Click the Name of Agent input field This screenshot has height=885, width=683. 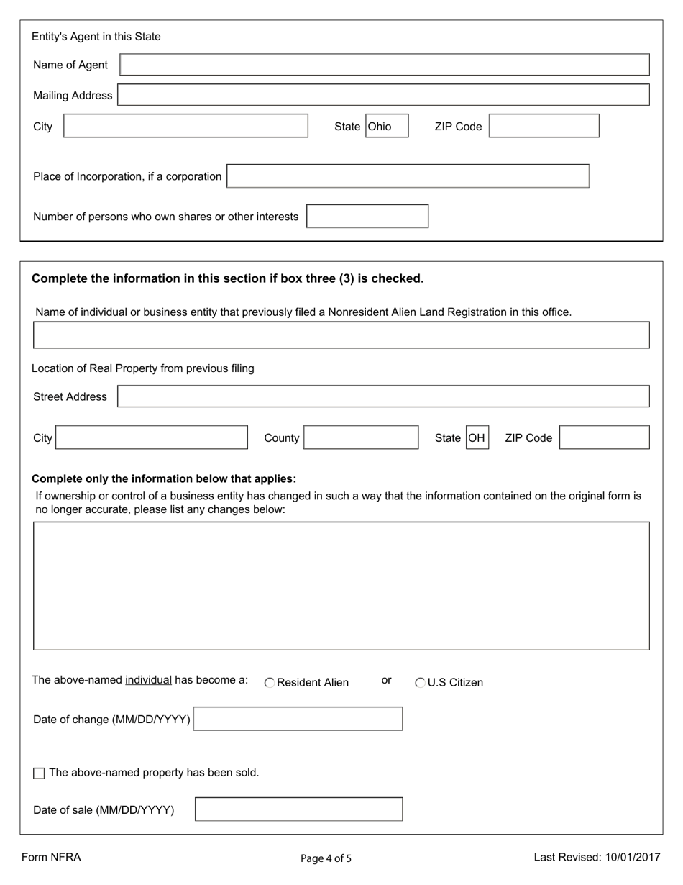coord(385,65)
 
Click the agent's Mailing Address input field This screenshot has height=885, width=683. coord(383,95)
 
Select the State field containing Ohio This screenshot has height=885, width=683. coord(387,127)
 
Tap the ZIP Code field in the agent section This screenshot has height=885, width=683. coord(544,127)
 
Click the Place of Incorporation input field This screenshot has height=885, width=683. coord(408,176)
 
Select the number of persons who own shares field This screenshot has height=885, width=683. coord(367,217)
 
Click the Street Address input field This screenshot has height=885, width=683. coord(383,396)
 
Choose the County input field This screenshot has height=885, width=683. coord(361,437)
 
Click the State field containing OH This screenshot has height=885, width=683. coord(477,437)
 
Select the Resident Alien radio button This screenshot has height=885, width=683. coord(270,683)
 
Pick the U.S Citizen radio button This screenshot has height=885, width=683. coord(421,683)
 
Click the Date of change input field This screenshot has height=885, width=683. coord(298,719)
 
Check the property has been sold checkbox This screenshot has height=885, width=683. coord(39,773)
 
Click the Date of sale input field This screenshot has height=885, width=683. coord(298,809)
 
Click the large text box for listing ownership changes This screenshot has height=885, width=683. coord(341,586)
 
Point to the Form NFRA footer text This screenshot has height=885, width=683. coord(51,857)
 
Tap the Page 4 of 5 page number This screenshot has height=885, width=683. coord(326,858)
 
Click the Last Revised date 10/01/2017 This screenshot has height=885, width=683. coord(597,857)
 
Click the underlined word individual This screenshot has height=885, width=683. coord(148,680)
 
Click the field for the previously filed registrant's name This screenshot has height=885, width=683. coord(341,335)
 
